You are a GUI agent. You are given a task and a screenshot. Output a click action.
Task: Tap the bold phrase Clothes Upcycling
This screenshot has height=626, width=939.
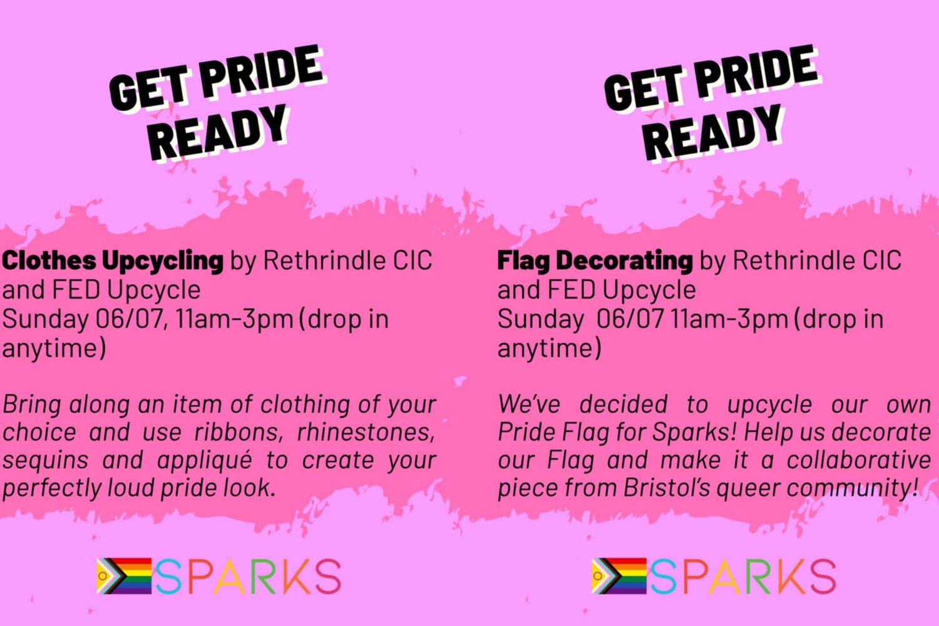112,261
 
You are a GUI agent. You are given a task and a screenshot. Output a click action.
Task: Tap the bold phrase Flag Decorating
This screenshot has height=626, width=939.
595,261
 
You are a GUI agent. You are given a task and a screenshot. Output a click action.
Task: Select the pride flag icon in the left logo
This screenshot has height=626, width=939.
124,576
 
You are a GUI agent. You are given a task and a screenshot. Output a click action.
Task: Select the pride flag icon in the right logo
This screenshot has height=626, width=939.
618,576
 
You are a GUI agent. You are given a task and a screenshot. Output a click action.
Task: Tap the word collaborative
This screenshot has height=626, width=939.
859,460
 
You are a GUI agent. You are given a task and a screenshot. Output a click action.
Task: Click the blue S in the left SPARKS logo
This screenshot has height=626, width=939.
168,576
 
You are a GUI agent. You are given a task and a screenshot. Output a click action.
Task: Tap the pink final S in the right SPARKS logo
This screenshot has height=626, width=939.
823,576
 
